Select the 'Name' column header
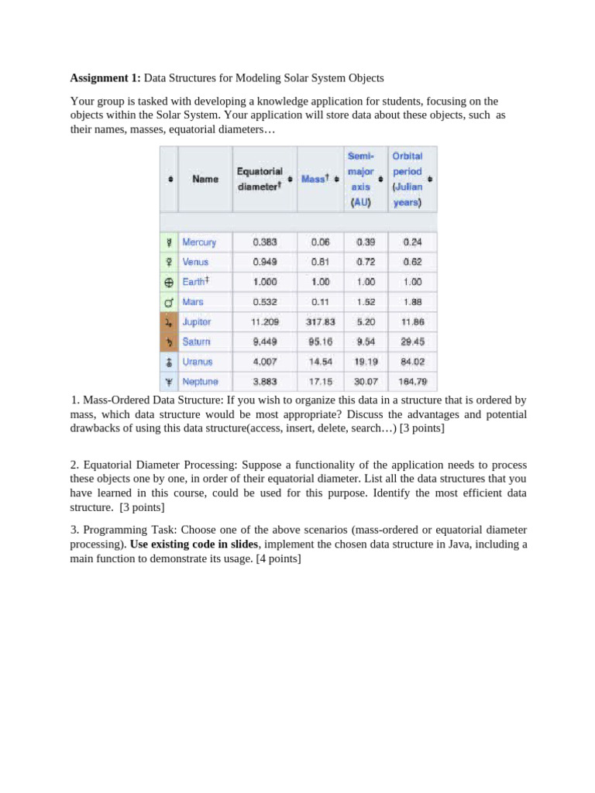[x=205, y=179]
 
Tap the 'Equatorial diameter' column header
[x=260, y=179]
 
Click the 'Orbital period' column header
[x=408, y=179]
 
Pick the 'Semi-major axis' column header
[x=360, y=179]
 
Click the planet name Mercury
[x=199, y=242]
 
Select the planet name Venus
[x=195, y=262]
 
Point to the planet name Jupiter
[x=197, y=321]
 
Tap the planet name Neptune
[x=200, y=381]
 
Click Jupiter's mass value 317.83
[x=320, y=321]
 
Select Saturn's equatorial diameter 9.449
[x=265, y=342]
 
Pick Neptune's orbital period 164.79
[x=412, y=381]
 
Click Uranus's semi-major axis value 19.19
[x=366, y=361]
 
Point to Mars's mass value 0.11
[x=320, y=301]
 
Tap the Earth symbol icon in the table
[x=168, y=282]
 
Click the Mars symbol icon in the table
[x=168, y=301]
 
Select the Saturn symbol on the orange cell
[x=168, y=342]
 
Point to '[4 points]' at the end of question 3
[x=275, y=558]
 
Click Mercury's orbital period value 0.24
[x=412, y=242]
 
